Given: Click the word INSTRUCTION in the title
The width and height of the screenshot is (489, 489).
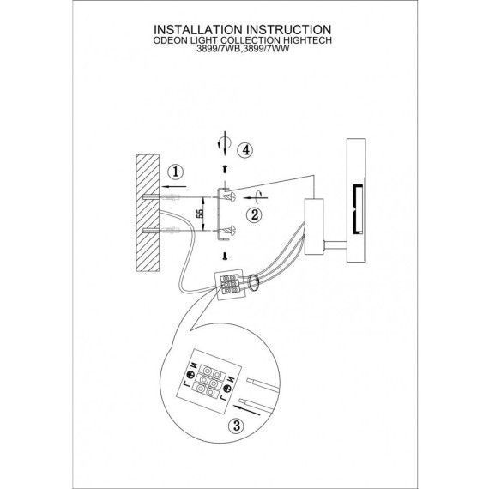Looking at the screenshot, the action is pos(289,30).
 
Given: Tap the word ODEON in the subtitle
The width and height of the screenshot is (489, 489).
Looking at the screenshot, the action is pos(170,40).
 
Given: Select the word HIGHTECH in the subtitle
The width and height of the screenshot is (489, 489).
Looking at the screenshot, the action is pos(307,40).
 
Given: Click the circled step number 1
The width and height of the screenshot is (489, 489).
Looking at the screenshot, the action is pos(176,172).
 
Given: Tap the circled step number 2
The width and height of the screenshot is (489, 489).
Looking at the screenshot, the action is pos(254,214).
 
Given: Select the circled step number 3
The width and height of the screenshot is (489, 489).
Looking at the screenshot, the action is pos(237,425).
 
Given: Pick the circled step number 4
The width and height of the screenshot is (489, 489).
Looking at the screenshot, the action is pos(246,150).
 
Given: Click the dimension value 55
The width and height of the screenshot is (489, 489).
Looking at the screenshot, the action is pos(200,214).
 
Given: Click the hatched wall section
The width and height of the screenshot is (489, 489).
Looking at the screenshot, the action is pos(148,213).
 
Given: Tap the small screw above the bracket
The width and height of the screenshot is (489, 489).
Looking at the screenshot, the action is pos(225,170).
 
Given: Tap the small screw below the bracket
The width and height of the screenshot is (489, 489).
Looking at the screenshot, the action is pos(225,257).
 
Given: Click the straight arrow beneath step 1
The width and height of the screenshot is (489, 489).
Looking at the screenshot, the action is pos(173,187).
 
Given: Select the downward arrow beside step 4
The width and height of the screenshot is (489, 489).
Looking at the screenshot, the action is pos(225,143).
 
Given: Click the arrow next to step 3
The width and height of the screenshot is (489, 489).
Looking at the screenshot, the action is pos(246,409).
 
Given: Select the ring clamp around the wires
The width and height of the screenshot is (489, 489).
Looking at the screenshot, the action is pos(253,283).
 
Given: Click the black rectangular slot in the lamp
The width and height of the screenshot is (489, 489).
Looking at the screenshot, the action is pos(358,209).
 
